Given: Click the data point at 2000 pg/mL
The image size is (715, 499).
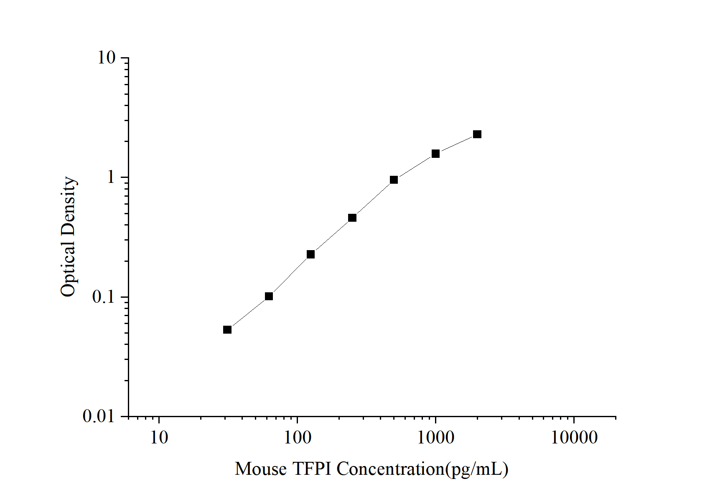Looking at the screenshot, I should [x=477, y=134].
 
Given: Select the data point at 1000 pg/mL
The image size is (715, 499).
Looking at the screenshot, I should [x=435, y=154].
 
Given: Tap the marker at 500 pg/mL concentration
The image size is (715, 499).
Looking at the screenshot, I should [x=394, y=180].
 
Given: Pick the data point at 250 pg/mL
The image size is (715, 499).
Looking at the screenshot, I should [x=352, y=218].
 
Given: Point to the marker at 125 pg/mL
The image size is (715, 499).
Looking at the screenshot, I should [x=310, y=254].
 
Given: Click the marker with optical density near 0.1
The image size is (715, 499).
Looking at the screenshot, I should [x=269, y=296].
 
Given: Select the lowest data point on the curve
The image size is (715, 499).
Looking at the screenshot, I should [x=227, y=329].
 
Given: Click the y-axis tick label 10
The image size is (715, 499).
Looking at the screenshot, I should [x=106, y=58].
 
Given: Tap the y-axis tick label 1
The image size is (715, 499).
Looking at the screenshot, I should [x=110, y=177].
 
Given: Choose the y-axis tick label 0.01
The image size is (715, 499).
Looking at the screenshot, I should [x=99, y=416].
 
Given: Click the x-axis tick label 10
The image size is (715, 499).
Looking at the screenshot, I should [x=159, y=438].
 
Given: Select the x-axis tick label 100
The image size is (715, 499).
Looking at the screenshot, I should [x=297, y=438].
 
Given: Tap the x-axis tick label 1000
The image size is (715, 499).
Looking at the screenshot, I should [x=435, y=438].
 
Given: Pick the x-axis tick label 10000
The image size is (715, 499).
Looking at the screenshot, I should [x=574, y=438].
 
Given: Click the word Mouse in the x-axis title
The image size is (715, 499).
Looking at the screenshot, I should [x=261, y=469].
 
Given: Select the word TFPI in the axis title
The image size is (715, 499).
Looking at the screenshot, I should [x=312, y=469].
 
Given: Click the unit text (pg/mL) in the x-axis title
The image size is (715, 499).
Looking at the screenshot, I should [x=477, y=469].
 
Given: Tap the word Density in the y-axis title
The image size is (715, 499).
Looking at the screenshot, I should [x=68, y=206].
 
